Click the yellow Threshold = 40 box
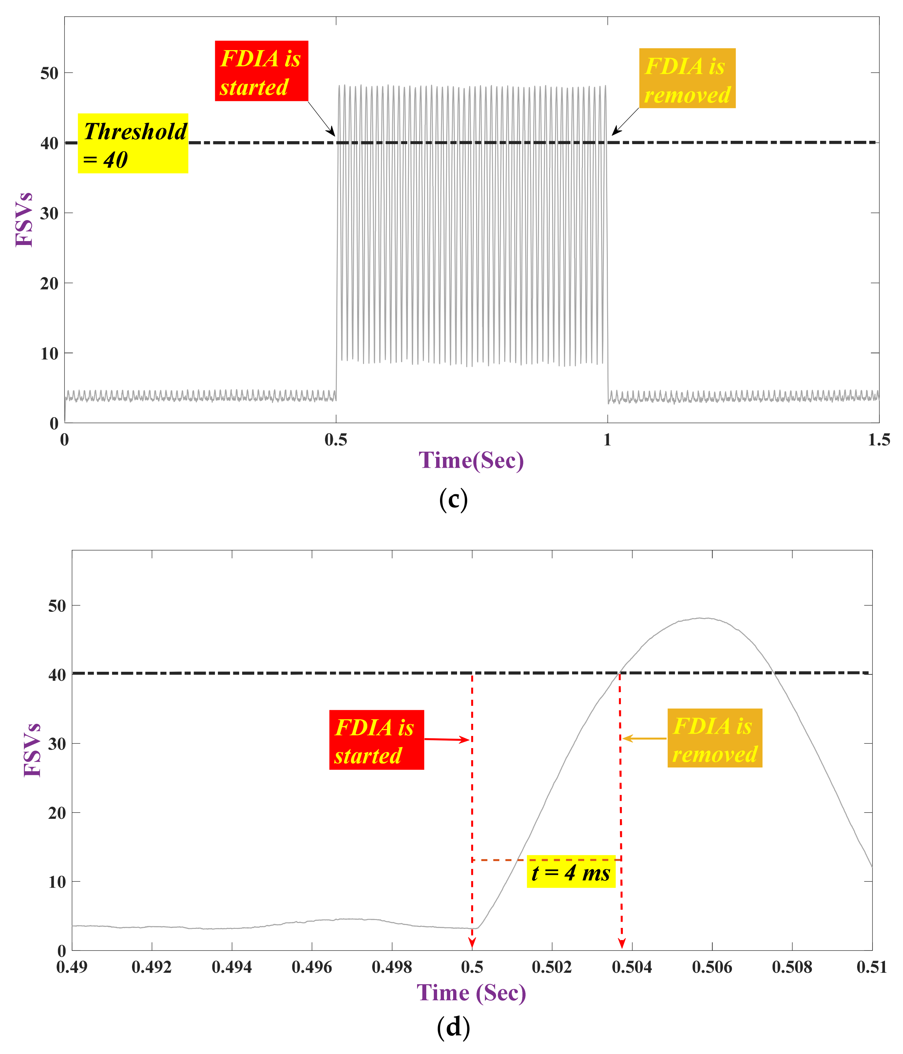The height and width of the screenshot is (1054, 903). click(x=133, y=143)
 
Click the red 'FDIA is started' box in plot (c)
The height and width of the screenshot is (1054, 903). click(x=261, y=71)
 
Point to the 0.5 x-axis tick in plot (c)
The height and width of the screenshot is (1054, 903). click(x=336, y=440)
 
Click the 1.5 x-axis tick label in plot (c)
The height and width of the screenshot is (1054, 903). click(x=878, y=440)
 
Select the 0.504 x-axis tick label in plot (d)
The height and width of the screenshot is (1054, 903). click(x=631, y=967)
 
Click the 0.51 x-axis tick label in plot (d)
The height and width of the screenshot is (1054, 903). click(x=872, y=967)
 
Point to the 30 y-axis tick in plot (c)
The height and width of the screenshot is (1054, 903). click(x=49, y=213)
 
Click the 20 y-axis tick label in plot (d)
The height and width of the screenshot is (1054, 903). click(x=57, y=813)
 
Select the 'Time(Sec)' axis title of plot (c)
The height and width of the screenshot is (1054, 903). click(x=471, y=461)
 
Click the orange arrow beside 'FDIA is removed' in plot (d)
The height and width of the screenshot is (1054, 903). click(x=644, y=738)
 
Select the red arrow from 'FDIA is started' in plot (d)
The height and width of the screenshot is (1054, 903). click(x=446, y=739)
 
